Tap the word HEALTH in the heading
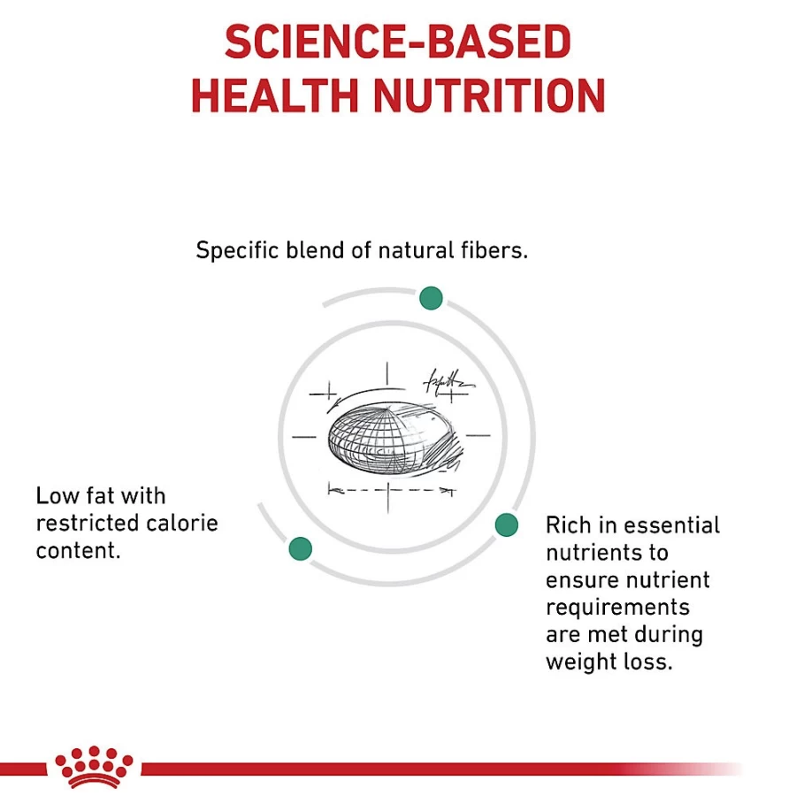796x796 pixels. (x=275, y=96)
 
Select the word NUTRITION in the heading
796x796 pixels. (x=489, y=96)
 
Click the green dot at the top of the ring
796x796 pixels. (x=431, y=298)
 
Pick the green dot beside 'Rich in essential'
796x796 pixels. (x=506, y=524)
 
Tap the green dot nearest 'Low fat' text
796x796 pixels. (x=300, y=548)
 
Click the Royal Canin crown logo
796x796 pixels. (x=94, y=767)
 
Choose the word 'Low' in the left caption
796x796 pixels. (x=57, y=496)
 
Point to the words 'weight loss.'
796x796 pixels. (x=609, y=662)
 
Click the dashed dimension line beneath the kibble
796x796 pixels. (x=392, y=490)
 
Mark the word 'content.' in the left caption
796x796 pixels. (x=79, y=550)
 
